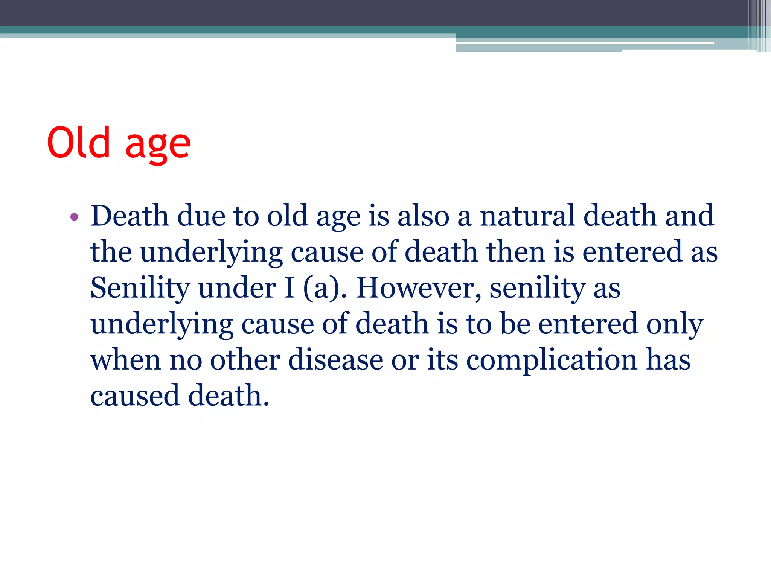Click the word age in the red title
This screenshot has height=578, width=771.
158,145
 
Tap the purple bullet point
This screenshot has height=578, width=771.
74,217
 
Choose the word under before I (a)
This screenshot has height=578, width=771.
237,288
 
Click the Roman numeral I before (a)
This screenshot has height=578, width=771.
290,288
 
